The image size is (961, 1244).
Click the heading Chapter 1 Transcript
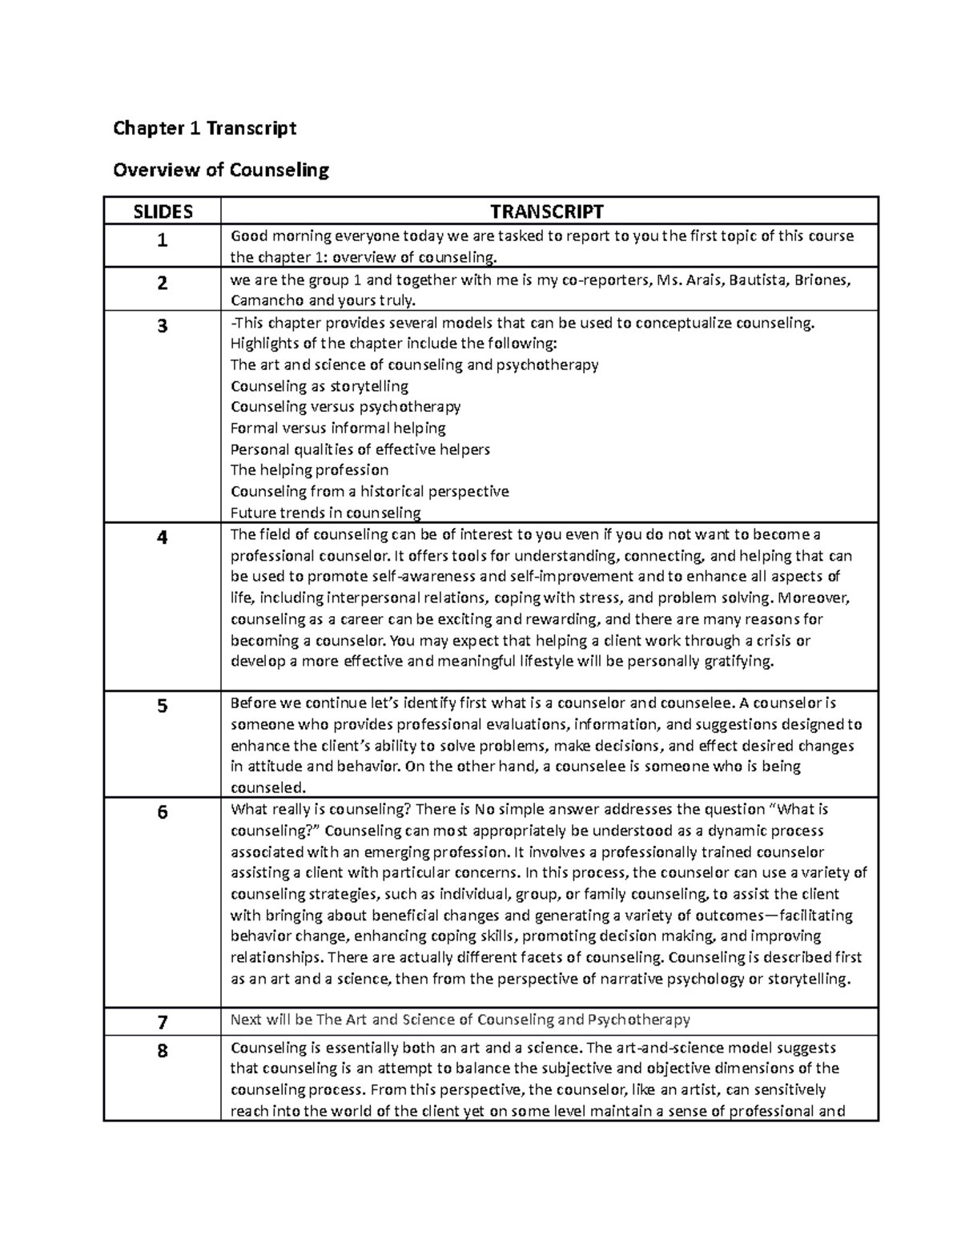204,128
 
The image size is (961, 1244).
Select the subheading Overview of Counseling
221,170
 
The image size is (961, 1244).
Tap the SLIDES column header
163,211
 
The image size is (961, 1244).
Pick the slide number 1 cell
163,240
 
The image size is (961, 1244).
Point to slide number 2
163,283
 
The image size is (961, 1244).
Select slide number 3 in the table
163,326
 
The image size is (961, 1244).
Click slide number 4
163,537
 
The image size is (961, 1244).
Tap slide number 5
163,707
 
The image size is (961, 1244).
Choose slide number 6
163,812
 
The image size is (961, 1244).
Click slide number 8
163,1050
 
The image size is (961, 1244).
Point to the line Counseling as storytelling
319,386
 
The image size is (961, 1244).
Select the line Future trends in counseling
325,513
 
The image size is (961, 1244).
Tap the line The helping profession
309,470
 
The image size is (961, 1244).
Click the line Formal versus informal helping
338,428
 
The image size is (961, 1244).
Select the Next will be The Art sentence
460,1020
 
